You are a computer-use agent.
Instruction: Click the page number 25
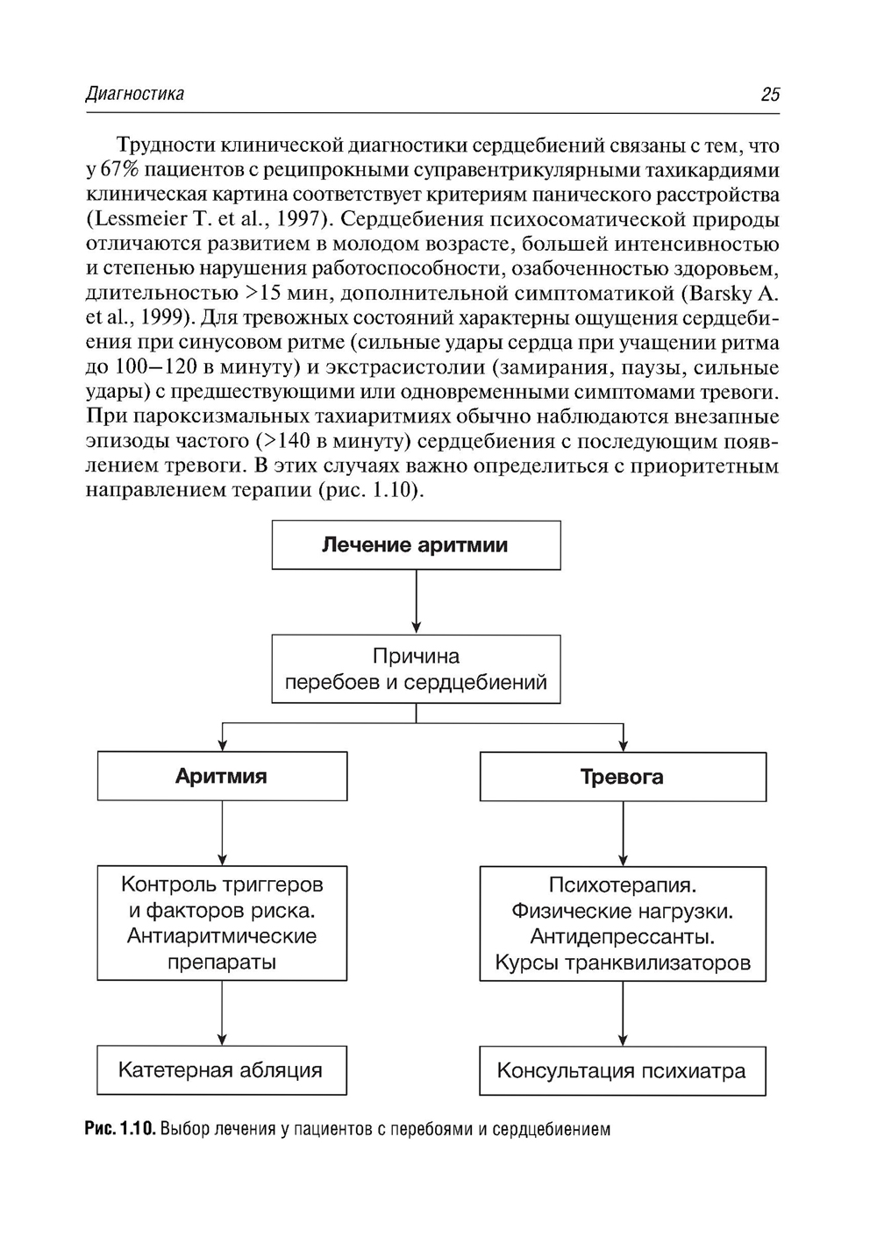(x=770, y=95)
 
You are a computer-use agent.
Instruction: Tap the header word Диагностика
(x=135, y=94)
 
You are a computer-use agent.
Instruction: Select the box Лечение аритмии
(x=416, y=545)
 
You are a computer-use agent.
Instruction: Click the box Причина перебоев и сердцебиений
(x=416, y=669)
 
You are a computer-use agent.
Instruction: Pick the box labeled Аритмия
(x=222, y=776)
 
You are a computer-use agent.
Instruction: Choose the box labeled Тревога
(x=623, y=777)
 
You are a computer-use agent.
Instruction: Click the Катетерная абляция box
(x=221, y=1069)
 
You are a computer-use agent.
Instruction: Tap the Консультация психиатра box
(x=623, y=1070)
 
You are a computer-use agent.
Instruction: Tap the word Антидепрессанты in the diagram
(x=622, y=937)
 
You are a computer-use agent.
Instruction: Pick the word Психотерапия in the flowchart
(x=622, y=885)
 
